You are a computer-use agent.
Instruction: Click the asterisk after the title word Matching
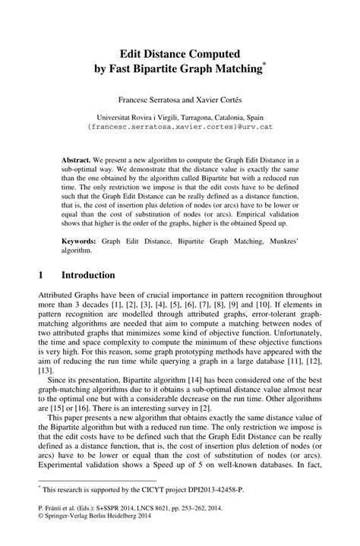click(x=265, y=66)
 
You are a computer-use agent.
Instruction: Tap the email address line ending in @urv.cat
click(x=180, y=128)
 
